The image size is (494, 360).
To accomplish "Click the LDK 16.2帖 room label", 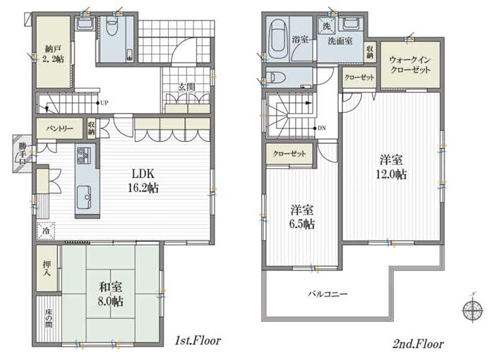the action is pyautogui.click(x=143, y=181).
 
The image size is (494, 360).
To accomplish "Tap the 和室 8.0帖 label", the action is pyautogui.click(x=111, y=294).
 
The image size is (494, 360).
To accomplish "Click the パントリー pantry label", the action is pyautogui.click(x=59, y=128).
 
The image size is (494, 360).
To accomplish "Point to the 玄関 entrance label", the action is pyautogui.click(x=186, y=87).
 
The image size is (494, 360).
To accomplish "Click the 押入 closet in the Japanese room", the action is pyautogui.click(x=47, y=268).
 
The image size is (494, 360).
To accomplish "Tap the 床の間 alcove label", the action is pyautogui.click(x=48, y=318).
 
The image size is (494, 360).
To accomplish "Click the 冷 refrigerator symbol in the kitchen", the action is pyautogui.click(x=46, y=231).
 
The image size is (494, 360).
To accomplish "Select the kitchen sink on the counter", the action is pyautogui.click(x=83, y=198).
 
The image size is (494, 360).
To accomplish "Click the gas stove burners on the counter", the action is pyautogui.click(x=83, y=156).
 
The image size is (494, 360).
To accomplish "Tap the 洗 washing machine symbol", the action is pyautogui.click(x=327, y=25).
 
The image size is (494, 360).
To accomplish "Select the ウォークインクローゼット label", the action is pyautogui.click(x=410, y=65).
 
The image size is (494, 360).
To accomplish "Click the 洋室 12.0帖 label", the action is pyautogui.click(x=391, y=167).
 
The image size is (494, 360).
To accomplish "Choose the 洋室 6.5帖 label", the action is pyautogui.click(x=302, y=217).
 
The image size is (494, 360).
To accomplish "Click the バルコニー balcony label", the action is pyautogui.click(x=327, y=294).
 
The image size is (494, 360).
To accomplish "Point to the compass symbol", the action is pyautogui.click(x=473, y=309).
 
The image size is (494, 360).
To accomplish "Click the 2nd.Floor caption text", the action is pyautogui.click(x=418, y=344).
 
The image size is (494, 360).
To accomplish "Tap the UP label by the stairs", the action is pyautogui.click(x=104, y=103).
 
